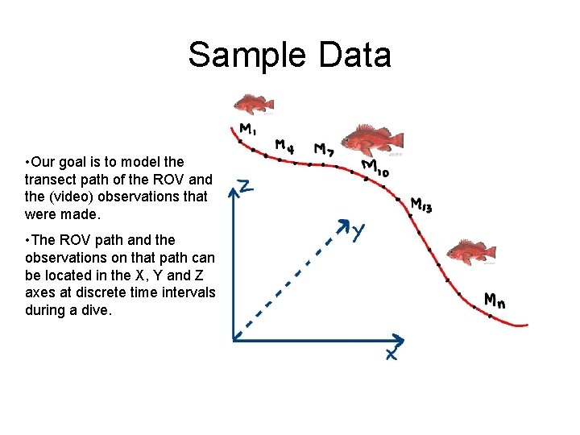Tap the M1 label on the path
click(248, 129)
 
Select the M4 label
click(284, 146)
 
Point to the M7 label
click(325, 150)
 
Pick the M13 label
click(421, 205)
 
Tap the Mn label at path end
click(495, 300)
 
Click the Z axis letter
click(247, 188)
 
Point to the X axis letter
click(390, 353)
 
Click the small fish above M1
click(253, 104)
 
